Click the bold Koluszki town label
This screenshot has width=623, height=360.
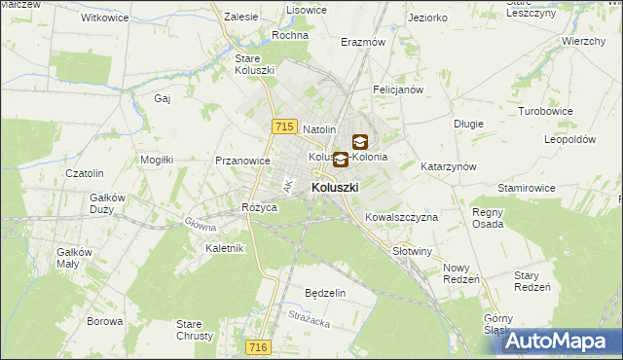tap(335, 187)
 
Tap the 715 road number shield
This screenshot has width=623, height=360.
tap(284, 126)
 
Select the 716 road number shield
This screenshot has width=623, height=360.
tap(257, 347)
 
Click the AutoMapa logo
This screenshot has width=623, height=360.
tap(563, 342)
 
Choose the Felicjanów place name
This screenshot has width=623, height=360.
tap(397, 90)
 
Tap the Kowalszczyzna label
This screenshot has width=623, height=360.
tap(401, 217)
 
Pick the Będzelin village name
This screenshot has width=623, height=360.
tap(325, 293)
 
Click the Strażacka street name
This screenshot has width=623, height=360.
tap(311, 313)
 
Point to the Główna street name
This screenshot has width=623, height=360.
tap(201, 223)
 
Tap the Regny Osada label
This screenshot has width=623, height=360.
tap(488, 218)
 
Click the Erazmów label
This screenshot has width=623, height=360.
tap(363, 43)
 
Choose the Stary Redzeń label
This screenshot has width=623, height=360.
tap(532, 281)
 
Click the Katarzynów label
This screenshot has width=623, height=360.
tap(448, 166)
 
